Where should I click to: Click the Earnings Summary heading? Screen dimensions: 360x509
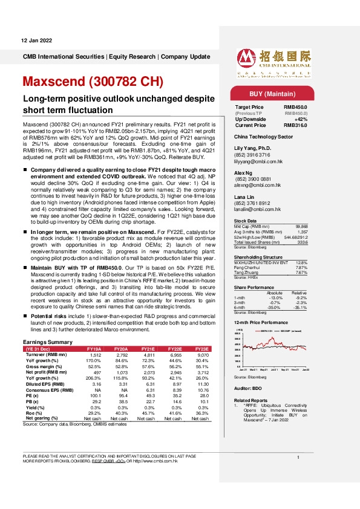[47, 342]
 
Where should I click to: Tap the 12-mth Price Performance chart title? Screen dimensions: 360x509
[263, 325]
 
